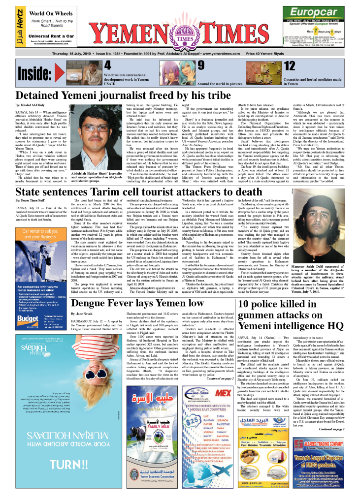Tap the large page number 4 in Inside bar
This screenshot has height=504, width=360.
[108, 66]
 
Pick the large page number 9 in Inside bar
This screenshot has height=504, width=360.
[201, 66]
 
